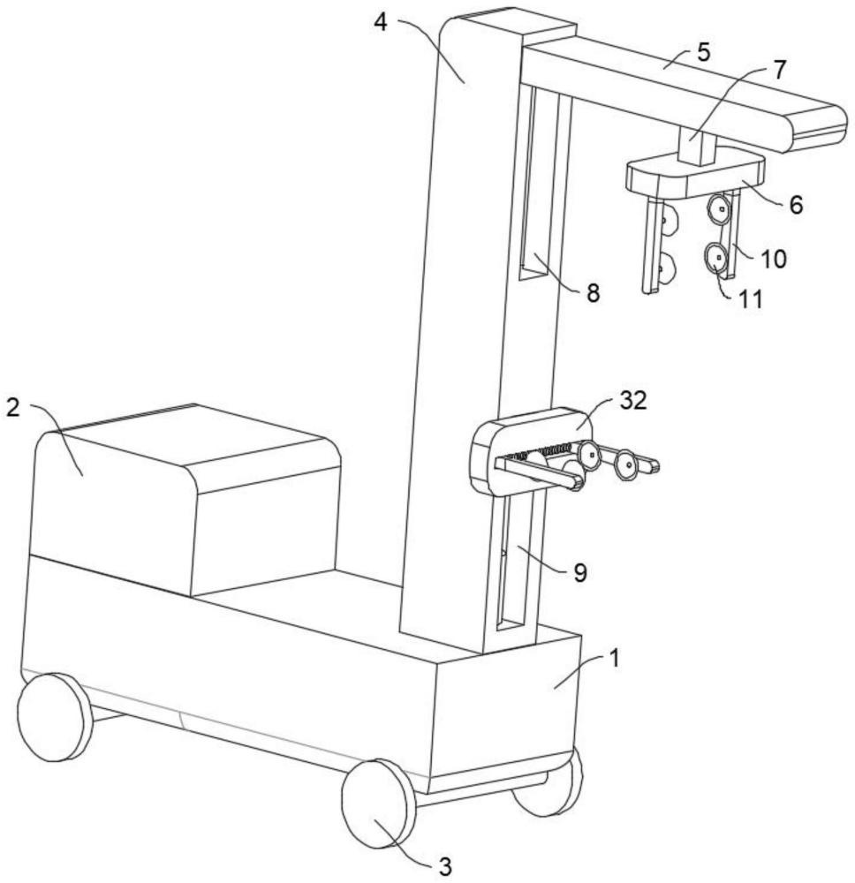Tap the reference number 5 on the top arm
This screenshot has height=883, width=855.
(x=703, y=50)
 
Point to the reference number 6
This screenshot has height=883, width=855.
(x=796, y=205)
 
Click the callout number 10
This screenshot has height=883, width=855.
(x=774, y=259)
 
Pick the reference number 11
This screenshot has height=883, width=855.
(x=750, y=298)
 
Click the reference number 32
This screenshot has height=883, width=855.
(x=633, y=402)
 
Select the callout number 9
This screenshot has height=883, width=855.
(x=579, y=573)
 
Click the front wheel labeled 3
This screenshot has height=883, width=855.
(x=378, y=804)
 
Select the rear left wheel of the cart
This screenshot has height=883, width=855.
(x=55, y=717)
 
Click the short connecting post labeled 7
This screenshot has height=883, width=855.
(x=696, y=147)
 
